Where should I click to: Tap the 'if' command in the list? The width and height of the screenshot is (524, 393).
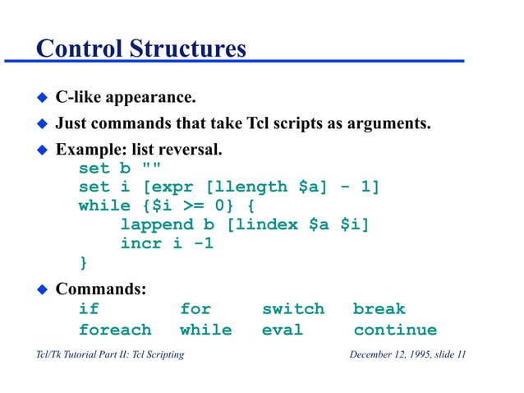[89, 309]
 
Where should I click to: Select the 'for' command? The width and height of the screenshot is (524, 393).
[195, 309]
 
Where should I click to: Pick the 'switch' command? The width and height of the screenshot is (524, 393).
[293, 309]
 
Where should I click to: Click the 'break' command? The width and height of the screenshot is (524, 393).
[379, 309]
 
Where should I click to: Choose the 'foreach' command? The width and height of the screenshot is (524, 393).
[115, 331]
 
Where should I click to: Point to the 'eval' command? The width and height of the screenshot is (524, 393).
[283, 331]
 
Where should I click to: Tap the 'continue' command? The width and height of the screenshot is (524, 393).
[395, 331]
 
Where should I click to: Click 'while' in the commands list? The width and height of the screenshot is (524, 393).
[205, 331]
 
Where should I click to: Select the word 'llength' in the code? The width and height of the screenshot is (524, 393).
[252, 187]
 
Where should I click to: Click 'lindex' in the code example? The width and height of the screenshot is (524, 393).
[267, 224]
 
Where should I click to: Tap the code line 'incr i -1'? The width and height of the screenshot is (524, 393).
[168, 243]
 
